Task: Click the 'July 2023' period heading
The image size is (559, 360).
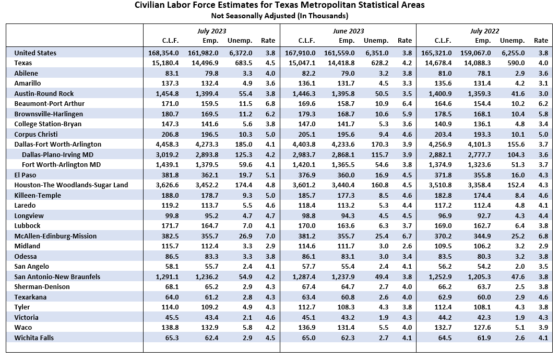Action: pyautogui.click(x=212, y=31)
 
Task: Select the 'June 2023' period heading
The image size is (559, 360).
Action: pyautogui.click(x=348, y=31)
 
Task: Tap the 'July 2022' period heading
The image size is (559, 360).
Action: pyautogui.click(x=484, y=31)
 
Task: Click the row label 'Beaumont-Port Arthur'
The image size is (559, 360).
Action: pyautogui.click(x=49, y=104)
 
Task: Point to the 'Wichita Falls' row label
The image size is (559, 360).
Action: pyautogui.click(x=34, y=338)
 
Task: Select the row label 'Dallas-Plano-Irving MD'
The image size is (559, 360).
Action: pyautogui.click(x=57, y=154)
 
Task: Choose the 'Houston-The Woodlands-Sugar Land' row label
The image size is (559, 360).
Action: pyautogui.click(x=71, y=185)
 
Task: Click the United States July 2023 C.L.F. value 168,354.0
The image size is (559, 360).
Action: pyautogui.click(x=163, y=53)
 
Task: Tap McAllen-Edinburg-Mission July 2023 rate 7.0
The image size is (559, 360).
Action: pyautogui.click(x=270, y=236)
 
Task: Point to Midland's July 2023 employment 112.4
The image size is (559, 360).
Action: pyautogui.click(x=210, y=246)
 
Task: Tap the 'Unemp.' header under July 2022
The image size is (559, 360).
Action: pyautogui.click(x=513, y=41)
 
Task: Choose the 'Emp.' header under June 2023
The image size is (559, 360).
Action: pyautogui.click(x=347, y=41)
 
